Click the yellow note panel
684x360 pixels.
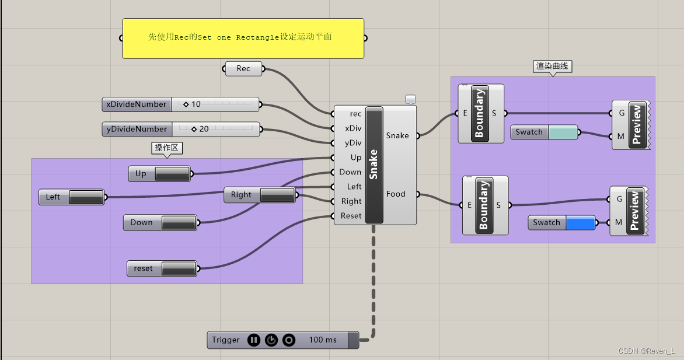[x=243, y=38]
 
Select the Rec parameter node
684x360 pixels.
[x=243, y=69]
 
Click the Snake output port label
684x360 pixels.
[x=397, y=135]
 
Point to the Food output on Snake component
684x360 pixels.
[x=396, y=194]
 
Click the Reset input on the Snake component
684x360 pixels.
[x=351, y=216]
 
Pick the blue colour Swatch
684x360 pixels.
[x=580, y=223]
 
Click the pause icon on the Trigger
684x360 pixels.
[x=253, y=340]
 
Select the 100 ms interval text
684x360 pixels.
[x=323, y=340]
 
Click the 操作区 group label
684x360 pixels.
[x=166, y=148]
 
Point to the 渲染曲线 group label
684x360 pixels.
[x=552, y=67]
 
